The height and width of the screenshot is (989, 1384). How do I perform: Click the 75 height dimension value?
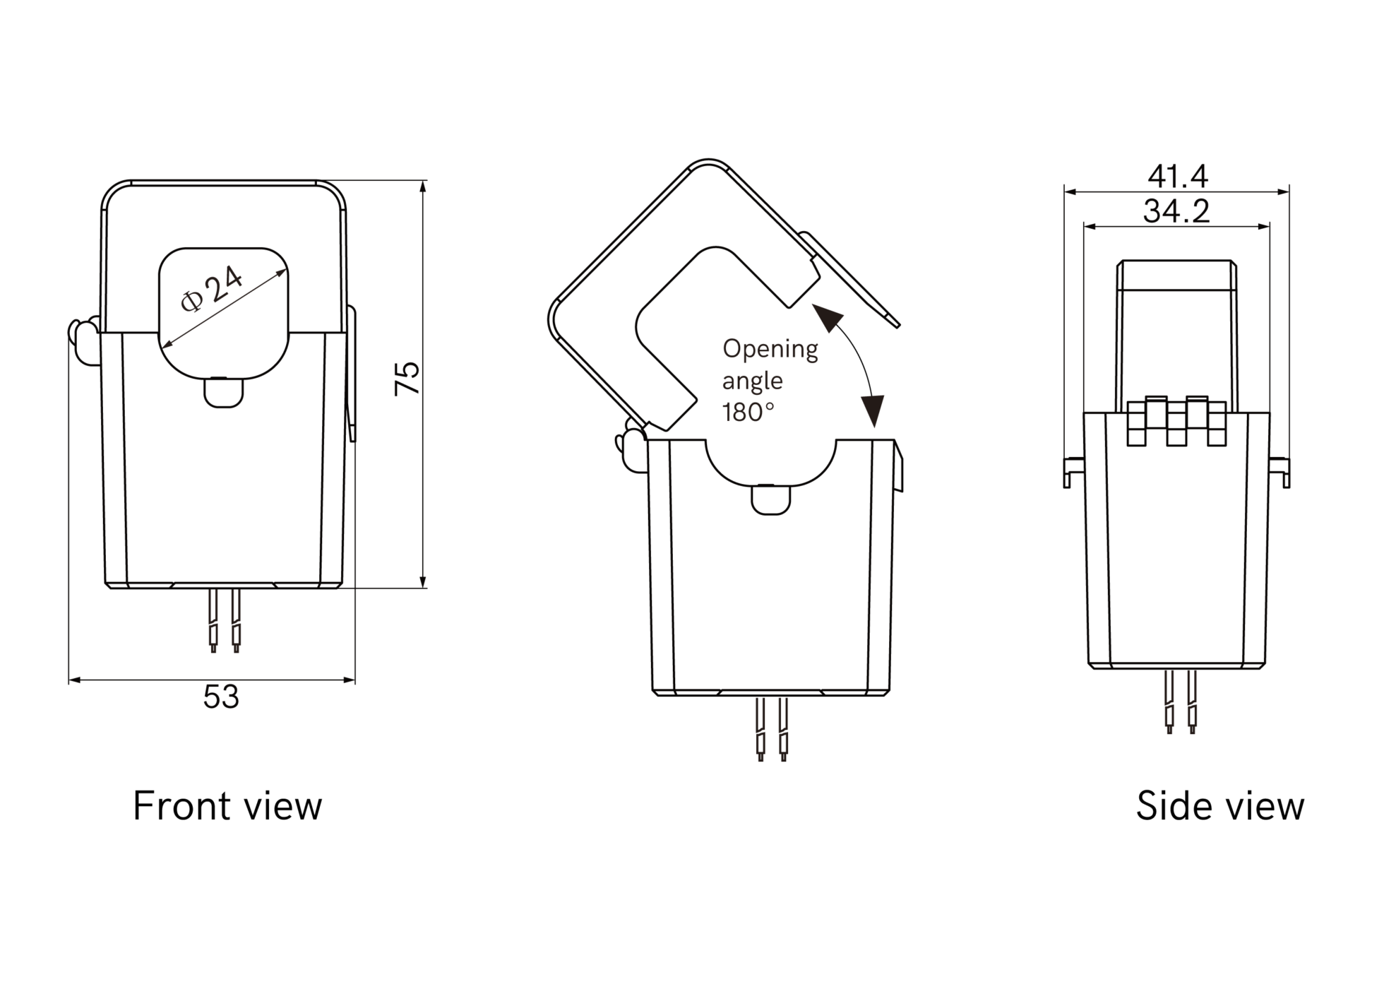coord(407,379)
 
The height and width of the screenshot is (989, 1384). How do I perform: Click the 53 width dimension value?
coord(221,697)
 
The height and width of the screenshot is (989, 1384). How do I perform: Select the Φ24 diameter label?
coord(210,290)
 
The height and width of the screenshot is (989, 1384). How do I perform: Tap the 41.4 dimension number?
coord(1177,176)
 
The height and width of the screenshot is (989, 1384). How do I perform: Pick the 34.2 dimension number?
coord(1176,211)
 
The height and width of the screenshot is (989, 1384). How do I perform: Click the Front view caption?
coord(227,806)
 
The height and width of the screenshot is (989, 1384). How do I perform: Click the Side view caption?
coord(1219,806)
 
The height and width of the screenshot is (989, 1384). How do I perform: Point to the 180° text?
coord(748,412)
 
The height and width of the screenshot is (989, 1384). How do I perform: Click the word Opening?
coord(770,349)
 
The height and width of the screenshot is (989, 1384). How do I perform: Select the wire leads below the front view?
coord(225,620)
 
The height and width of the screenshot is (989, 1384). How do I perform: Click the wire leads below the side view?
coord(1181,701)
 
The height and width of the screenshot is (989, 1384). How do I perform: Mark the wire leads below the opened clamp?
coord(772,729)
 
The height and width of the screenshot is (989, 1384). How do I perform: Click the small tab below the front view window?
coord(224,393)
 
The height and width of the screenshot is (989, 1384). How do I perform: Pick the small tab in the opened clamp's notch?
coord(771,499)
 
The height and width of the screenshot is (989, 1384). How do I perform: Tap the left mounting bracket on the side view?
coord(1073,471)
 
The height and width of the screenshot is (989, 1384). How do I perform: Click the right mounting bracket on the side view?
coord(1279,471)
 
